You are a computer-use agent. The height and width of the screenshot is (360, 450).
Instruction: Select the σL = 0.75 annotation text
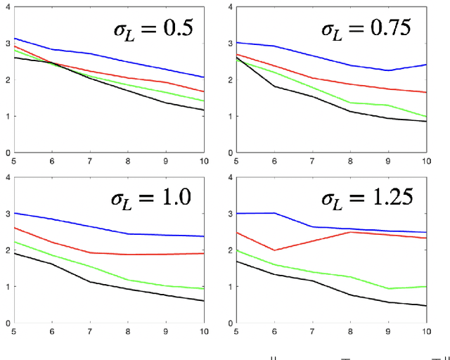tap(366, 30)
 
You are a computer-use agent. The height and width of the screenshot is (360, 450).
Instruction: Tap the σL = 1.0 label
tap(149, 202)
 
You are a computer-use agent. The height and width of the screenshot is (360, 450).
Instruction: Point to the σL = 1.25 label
tap(366, 202)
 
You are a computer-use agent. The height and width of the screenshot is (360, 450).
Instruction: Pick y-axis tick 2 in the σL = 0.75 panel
tap(229, 79)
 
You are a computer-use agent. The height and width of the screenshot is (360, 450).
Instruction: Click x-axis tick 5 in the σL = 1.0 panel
tap(15, 331)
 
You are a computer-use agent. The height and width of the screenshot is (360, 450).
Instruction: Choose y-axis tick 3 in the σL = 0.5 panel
tap(7, 43)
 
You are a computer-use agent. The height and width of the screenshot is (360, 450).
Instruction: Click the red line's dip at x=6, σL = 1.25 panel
tap(274, 250)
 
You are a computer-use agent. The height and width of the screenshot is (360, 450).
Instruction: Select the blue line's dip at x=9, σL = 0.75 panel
tap(387, 70)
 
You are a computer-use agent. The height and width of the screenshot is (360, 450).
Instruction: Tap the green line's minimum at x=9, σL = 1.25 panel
tap(387, 288)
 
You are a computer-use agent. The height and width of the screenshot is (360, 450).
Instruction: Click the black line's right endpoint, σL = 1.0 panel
tap(204, 301)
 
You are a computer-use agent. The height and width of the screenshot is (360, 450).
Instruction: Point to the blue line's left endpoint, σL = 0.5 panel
tap(15, 38)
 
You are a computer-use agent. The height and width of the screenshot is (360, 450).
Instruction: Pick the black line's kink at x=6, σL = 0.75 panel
tap(274, 86)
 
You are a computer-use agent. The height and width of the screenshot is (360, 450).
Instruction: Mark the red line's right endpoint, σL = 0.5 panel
tap(204, 91)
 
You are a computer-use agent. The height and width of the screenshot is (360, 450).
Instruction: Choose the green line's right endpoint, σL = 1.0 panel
tap(204, 289)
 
